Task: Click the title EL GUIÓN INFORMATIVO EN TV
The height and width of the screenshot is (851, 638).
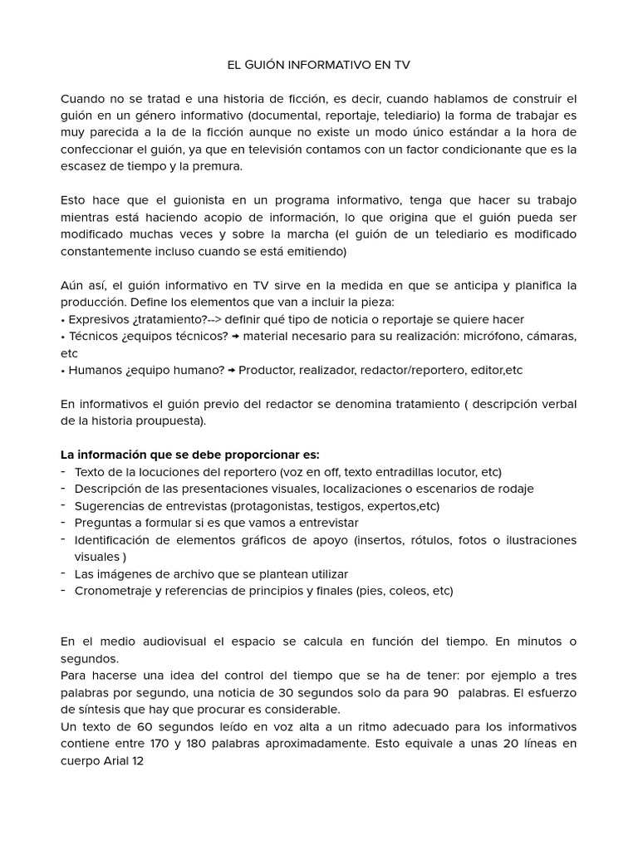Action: (x=318, y=63)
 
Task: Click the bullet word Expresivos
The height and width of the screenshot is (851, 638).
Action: (x=97, y=319)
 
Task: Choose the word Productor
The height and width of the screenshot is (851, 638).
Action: (x=267, y=370)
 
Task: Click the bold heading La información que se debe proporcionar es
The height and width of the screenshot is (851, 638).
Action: (x=190, y=455)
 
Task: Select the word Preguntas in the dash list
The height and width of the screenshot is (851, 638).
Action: (x=102, y=523)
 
